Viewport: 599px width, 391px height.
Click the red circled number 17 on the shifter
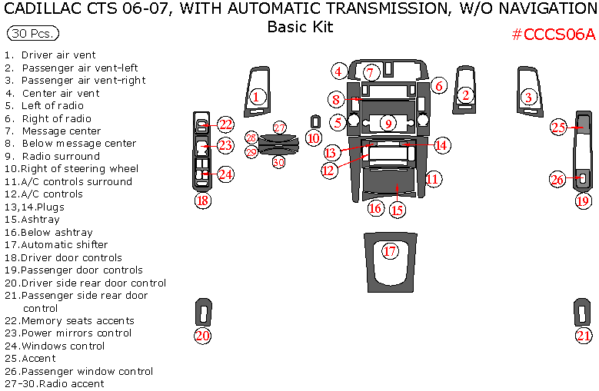point(390,251)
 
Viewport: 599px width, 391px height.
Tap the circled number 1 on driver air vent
point(257,97)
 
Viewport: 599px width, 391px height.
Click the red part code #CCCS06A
point(554,34)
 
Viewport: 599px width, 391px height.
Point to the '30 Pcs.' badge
point(33,34)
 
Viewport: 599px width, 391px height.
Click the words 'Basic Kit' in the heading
point(300,27)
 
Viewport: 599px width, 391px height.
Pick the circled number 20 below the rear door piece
point(202,336)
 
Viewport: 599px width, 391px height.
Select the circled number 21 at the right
point(584,336)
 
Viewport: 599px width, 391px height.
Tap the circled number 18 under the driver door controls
point(202,201)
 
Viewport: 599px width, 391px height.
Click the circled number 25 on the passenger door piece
point(558,128)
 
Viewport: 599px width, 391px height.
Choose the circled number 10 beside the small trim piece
point(312,138)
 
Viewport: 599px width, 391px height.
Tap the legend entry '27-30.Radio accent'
point(55,383)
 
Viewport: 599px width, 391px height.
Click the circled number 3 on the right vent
point(528,97)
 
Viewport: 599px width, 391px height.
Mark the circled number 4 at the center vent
point(338,71)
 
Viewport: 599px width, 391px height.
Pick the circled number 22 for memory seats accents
point(225,124)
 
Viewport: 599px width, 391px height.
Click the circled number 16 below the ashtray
point(375,208)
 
